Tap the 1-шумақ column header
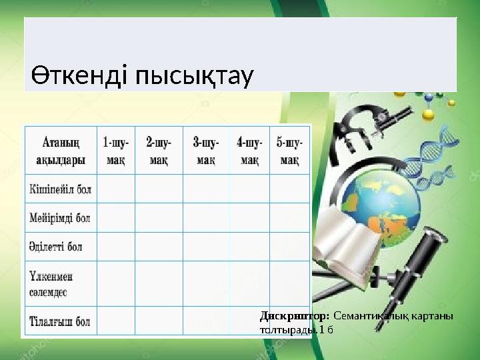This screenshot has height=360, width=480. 116,151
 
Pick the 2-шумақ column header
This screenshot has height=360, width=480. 159,151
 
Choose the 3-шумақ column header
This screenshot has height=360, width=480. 205,151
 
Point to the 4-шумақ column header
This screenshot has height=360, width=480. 249,151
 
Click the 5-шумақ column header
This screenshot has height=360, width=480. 289,151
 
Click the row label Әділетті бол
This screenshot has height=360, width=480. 56,246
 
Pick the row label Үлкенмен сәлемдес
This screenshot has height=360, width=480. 52,283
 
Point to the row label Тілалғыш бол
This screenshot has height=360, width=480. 60,321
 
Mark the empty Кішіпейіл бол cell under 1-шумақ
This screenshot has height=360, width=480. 116,189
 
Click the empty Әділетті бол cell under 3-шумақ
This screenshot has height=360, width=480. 205,246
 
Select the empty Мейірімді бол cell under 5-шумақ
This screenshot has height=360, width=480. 289,217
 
